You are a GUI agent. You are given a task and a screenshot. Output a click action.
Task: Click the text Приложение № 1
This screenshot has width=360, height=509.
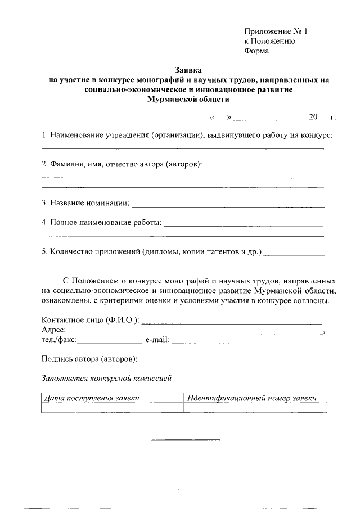point(276,31)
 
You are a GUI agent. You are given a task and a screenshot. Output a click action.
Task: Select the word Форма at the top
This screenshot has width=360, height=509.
point(256,51)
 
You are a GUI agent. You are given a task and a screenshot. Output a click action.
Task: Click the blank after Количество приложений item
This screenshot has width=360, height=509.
point(294,254)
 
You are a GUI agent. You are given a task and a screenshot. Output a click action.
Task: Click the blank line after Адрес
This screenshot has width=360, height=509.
point(195,333)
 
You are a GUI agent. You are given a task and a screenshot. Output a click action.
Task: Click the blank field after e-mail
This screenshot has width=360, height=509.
point(203,341)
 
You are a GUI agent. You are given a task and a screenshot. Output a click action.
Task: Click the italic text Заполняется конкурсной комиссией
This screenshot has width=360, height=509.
point(106,378)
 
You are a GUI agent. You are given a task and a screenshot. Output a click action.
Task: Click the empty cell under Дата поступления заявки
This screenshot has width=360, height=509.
point(112,408)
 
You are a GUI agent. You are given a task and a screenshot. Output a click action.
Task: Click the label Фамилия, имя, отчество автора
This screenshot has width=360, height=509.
point(121,164)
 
